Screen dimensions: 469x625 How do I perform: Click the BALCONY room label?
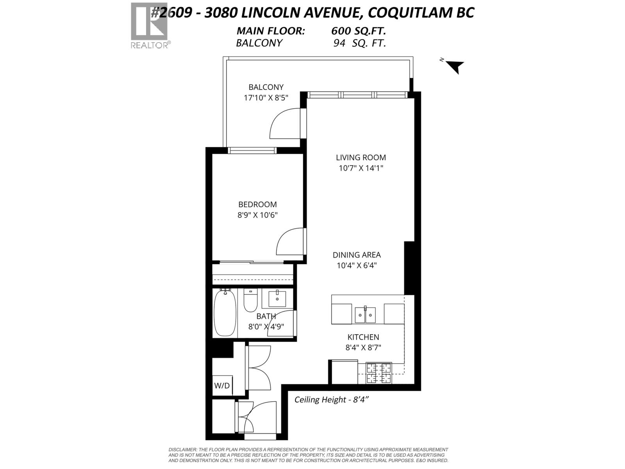pyautogui.click(x=266, y=87)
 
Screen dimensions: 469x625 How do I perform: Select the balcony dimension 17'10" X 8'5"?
pyautogui.click(x=266, y=98)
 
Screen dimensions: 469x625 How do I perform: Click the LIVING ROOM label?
pyautogui.click(x=361, y=158)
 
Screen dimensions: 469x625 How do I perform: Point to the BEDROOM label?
pyautogui.click(x=257, y=204)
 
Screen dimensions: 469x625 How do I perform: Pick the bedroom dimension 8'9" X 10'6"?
pyautogui.click(x=257, y=215)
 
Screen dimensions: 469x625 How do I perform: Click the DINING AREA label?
pyautogui.click(x=356, y=255)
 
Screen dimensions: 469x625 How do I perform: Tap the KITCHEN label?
pyautogui.click(x=363, y=337)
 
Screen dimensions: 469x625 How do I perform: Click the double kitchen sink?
pyautogui.click(x=365, y=315)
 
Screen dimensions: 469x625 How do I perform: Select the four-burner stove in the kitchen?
pyautogui.click(x=379, y=373)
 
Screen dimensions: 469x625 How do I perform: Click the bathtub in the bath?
pyautogui.click(x=225, y=313)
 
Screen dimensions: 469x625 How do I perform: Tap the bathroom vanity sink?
pyautogui.click(x=277, y=299)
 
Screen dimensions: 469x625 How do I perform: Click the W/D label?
pyautogui.click(x=222, y=386)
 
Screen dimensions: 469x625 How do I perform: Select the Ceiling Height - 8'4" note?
pyautogui.click(x=332, y=399)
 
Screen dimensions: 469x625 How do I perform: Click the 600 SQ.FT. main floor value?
pyautogui.click(x=359, y=31)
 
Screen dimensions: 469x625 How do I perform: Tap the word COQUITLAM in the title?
pyautogui.click(x=409, y=13)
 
